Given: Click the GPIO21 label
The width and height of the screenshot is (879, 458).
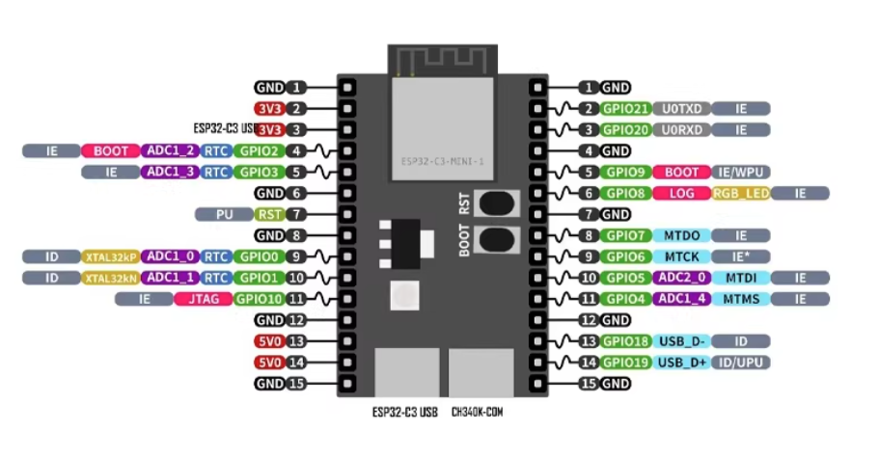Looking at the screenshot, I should coord(625,109).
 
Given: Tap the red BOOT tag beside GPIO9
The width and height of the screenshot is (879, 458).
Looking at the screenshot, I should coord(681,172).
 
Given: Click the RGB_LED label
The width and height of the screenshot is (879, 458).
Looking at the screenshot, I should coord(741,193).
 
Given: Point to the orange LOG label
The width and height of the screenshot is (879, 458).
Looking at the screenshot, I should coord(681,193).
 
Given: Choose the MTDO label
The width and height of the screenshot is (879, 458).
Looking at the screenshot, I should coord(681,235).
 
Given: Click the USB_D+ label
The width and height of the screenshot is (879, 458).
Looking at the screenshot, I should coord(681,363).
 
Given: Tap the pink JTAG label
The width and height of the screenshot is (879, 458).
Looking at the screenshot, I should coord(203,299).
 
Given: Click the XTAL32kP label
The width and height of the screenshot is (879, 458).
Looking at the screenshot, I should coord(111,256).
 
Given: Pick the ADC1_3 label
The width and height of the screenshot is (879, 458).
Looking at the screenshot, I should coord(171,172).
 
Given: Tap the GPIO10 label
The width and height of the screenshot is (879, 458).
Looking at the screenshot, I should coord(257,299).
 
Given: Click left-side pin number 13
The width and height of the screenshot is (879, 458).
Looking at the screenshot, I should coord(296,341).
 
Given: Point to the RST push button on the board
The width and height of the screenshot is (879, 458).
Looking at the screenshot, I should coord(496,203).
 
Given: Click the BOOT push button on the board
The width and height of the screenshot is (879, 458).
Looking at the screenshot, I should coord(496,238).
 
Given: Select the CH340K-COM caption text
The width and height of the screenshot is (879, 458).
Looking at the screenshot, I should coord(477,412).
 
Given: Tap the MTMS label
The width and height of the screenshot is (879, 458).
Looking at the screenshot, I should coord(741,299).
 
